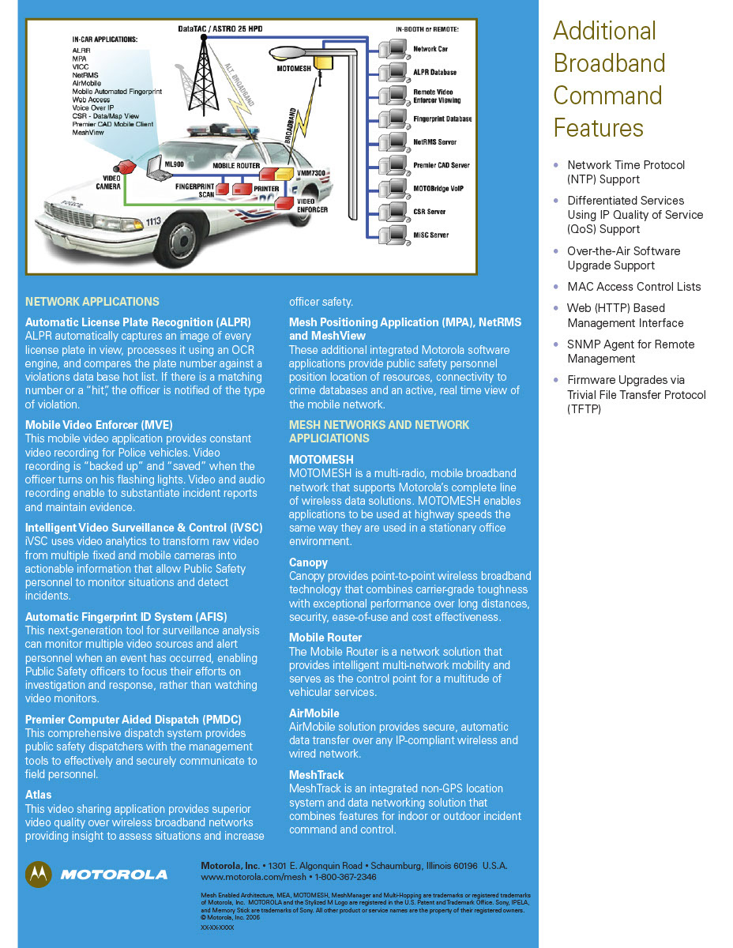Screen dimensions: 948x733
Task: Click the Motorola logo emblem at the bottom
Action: pos(39,874)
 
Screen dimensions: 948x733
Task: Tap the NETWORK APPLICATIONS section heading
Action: pos(92,302)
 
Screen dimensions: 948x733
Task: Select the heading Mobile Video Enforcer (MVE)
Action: pos(99,425)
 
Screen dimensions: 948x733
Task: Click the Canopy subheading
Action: pos(308,562)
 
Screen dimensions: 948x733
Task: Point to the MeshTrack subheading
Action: pos(316,775)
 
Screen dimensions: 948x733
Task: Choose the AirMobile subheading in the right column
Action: pos(314,713)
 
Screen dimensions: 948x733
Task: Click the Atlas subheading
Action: pos(38,795)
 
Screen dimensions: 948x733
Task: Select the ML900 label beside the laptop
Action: pos(174,163)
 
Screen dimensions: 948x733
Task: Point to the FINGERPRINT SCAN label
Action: pos(194,190)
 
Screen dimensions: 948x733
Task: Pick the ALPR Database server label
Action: pos(434,73)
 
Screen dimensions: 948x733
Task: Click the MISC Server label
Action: pos(430,235)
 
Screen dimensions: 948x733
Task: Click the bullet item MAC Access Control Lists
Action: pos(633,287)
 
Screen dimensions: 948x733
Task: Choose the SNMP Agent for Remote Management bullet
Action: pos(630,352)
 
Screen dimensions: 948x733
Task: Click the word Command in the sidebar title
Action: pos(607,96)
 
